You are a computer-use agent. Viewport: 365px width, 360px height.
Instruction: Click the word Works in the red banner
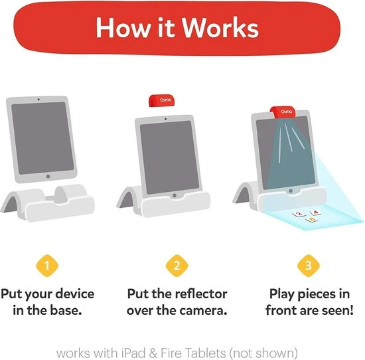[220, 27]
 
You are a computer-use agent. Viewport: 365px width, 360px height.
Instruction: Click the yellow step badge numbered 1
[47, 266]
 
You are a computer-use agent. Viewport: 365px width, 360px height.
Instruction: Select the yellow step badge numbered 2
[177, 266]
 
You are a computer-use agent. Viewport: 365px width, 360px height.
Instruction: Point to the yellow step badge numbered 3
[309, 266]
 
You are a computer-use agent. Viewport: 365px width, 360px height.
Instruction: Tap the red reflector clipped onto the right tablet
[283, 112]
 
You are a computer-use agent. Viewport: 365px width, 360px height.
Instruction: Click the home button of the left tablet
[48, 177]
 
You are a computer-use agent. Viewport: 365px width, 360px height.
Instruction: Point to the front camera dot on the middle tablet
[165, 119]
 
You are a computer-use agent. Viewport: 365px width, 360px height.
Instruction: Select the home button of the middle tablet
[175, 195]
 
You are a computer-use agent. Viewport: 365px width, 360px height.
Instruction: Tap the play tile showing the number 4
[315, 212]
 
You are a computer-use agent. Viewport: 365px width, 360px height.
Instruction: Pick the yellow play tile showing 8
[311, 219]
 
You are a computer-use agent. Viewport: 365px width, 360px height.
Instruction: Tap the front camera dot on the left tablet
[38, 100]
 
